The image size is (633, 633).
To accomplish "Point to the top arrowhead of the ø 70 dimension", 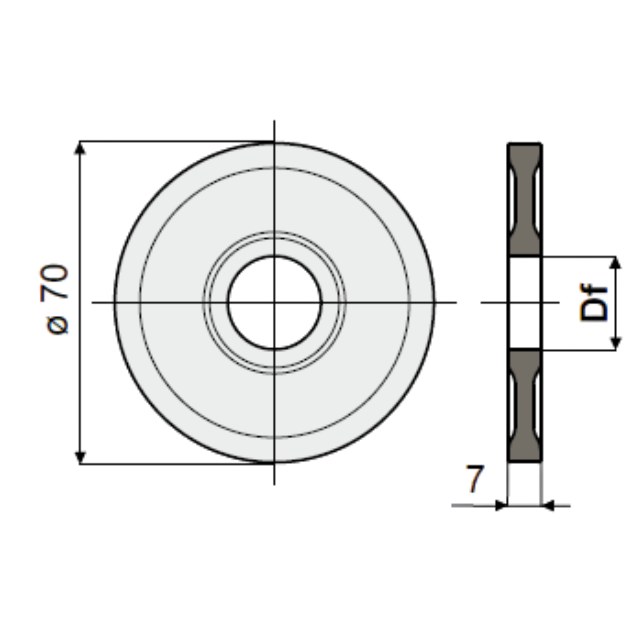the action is pos(80,148).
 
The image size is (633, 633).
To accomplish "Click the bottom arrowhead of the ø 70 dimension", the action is pos(80,457).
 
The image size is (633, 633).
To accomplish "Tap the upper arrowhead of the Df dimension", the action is pos(616,262).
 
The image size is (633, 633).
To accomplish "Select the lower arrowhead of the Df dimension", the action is pos(616,343).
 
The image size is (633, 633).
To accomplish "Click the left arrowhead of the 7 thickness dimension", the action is pos(501,506).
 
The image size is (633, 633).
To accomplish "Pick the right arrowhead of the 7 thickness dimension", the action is pos(548,506).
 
